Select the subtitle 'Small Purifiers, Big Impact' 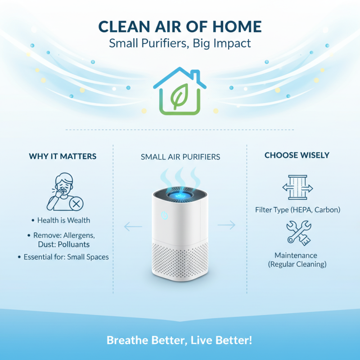pyautogui.click(x=180, y=44)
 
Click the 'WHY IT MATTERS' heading pyautogui.click(x=63, y=157)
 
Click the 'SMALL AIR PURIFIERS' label pyautogui.click(x=180, y=157)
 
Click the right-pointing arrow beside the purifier pyautogui.click(x=226, y=225)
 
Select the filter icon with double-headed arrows pyautogui.click(x=297, y=188)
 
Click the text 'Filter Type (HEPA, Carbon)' pyautogui.click(x=297, y=210)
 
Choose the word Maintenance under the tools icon pyautogui.click(x=297, y=255)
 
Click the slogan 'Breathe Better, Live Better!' pyautogui.click(x=180, y=340)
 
